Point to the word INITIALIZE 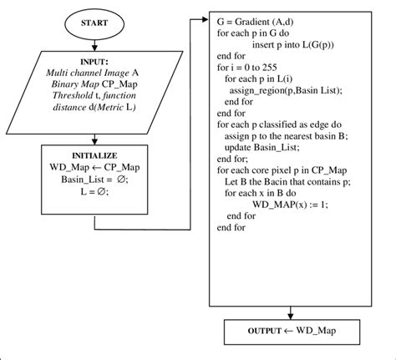[94, 155]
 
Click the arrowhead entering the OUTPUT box [290, 315]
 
